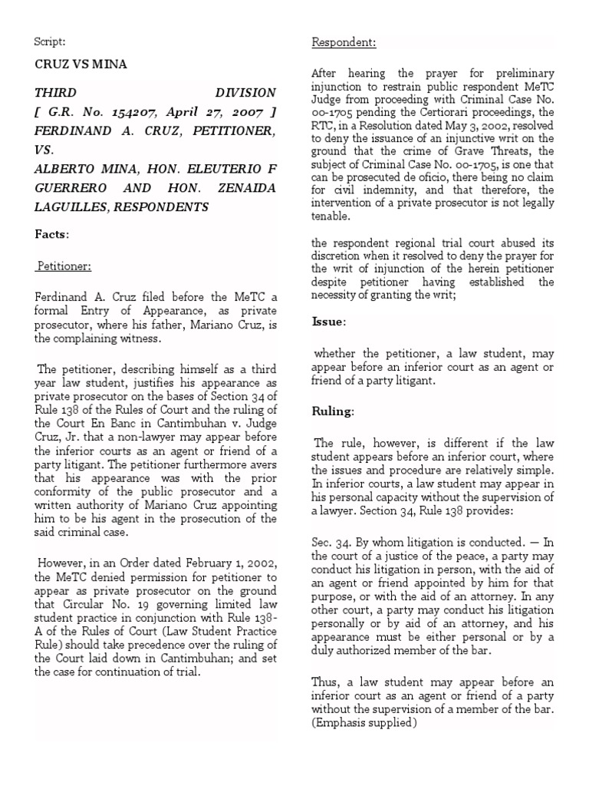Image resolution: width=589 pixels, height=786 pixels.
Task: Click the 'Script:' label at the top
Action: (50, 42)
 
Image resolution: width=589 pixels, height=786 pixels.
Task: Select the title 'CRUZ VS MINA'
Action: (81, 64)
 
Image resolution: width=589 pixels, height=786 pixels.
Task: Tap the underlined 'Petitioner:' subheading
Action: (65, 266)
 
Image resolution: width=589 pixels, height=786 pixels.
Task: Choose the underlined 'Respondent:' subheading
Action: (344, 42)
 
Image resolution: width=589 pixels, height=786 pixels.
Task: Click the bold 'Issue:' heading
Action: (328, 322)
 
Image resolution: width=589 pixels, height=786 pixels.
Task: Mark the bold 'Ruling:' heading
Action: (332, 411)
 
